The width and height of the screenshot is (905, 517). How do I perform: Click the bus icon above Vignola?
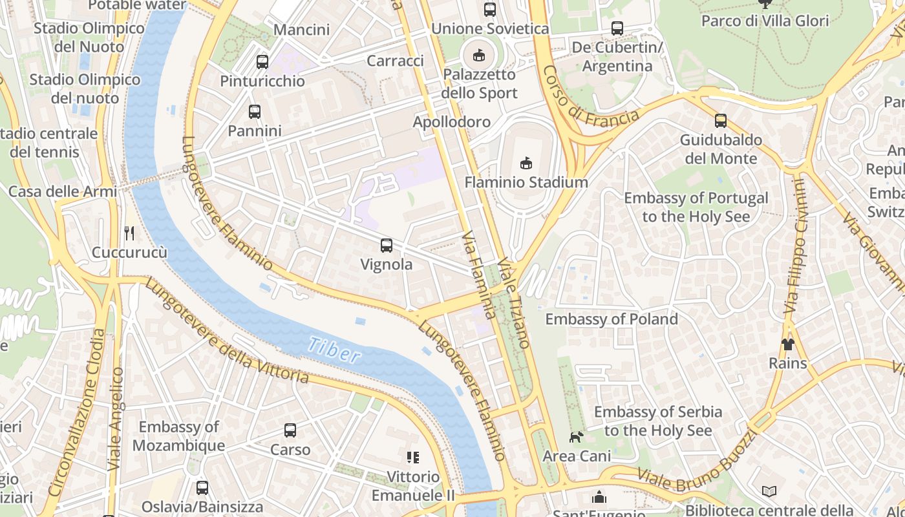pyautogui.click(x=386, y=246)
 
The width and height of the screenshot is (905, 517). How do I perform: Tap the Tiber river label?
pyautogui.click(x=334, y=350)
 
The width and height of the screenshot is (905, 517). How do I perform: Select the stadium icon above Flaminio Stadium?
pyautogui.click(x=526, y=163)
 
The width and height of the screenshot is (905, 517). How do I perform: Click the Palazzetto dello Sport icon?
pyautogui.click(x=479, y=56)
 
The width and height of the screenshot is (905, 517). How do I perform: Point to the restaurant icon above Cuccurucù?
pyautogui.click(x=129, y=233)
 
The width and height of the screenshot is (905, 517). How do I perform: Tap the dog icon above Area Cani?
pyautogui.click(x=575, y=437)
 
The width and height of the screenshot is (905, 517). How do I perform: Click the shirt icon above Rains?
pyautogui.click(x=787, y=344)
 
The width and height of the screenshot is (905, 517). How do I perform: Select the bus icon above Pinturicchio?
pyautogui.click(x=262, y=62)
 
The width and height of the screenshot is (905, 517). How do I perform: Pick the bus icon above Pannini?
pyautogui.click(x=254, y=112)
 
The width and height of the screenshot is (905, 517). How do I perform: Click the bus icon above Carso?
pyautogui.click(x=290, y=430)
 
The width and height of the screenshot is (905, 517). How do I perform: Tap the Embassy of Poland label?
pyautogui.click(x=612, y=319)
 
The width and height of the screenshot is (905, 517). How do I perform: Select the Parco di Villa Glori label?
pyautogui.click(x=765, y=21)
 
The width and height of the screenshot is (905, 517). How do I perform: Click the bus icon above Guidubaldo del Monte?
pyautogui.click(x=720, y=121)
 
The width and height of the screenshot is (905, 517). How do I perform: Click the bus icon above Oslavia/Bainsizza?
pyautogui.click(x=202, y=488)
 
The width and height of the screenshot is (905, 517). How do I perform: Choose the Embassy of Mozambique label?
pyautogui.click(x=179, y=436)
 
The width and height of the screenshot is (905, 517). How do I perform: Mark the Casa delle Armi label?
pyautogui.click(x=63, y=191)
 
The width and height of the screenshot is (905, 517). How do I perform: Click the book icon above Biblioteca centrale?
pyautogui.click(x=769, y=492)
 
